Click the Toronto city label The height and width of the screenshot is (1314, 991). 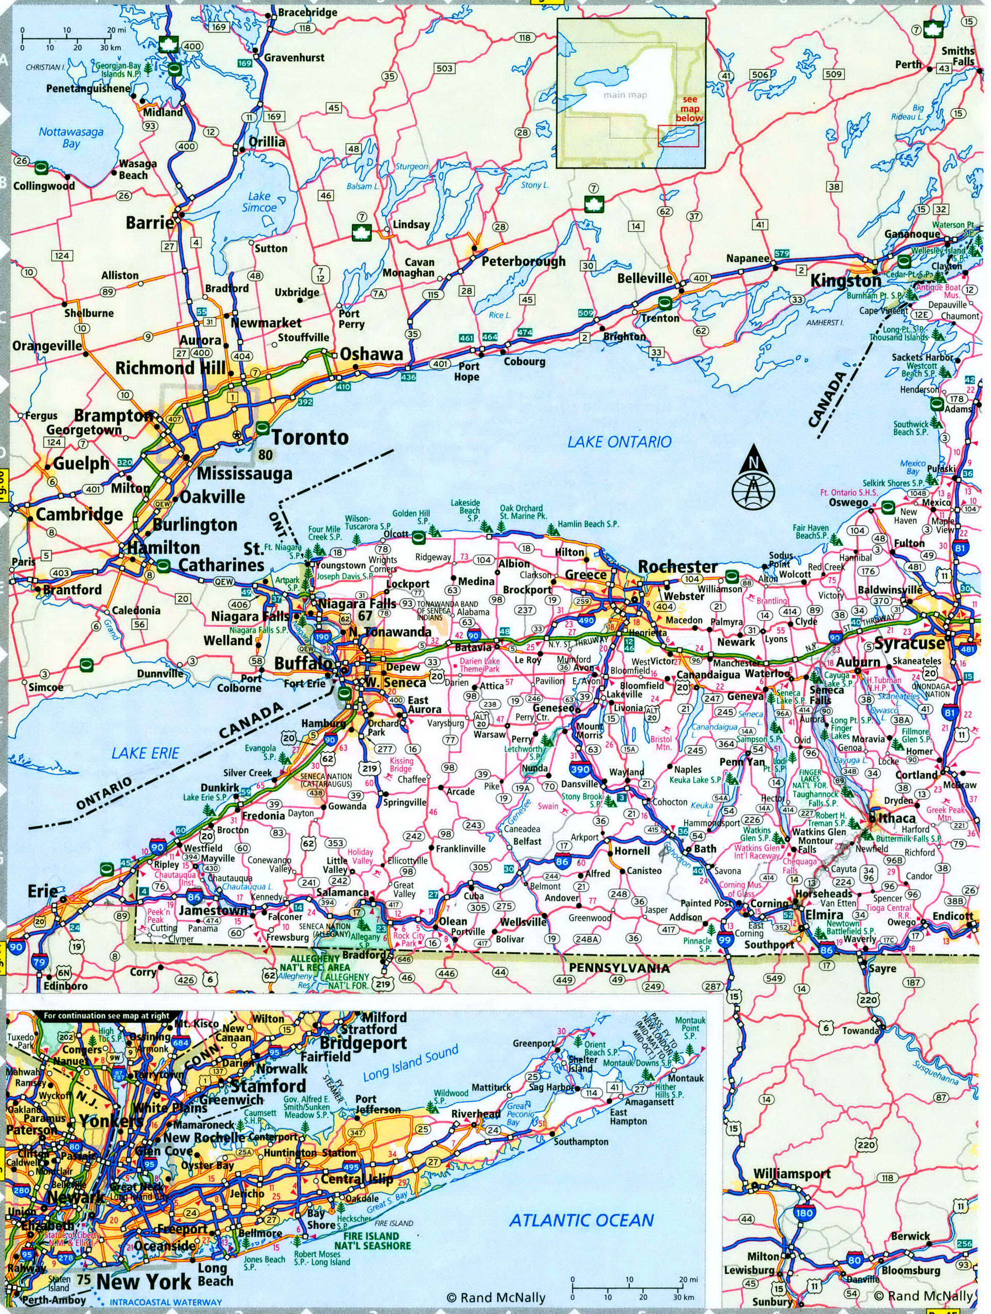coord(309,438)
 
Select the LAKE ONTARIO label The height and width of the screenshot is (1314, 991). coord(619,441)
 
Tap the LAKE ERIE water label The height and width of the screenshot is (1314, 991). coord(146,753)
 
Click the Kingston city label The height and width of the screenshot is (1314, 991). coord(846,281)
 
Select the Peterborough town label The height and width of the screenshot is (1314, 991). coord(523,261)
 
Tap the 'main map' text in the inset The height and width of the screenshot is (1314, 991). coord(625,95)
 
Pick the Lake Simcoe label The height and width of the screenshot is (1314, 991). coord(259,202)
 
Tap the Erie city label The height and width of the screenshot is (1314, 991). coord(43,891)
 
